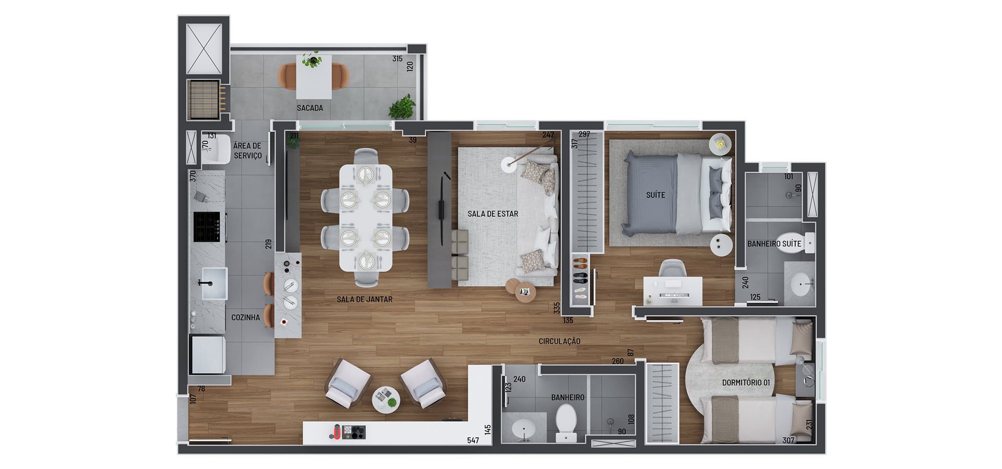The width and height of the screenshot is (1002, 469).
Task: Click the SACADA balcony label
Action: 310,108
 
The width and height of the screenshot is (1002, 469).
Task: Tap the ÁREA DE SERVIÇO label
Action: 247,151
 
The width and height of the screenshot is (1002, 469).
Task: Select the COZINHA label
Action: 245,317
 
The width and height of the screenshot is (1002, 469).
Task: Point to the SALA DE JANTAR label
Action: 364,299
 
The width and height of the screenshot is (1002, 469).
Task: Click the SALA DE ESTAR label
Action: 493,214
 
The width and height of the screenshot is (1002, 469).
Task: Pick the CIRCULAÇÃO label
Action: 559,341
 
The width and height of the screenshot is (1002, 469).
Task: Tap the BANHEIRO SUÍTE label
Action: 774,243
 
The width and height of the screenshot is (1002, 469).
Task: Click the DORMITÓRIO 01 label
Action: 746,382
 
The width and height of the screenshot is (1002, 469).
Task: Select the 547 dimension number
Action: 473,440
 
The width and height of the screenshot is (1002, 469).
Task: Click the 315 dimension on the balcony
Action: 398,59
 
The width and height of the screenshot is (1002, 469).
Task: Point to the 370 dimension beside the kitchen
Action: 193,176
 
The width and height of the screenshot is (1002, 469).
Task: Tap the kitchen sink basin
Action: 214,283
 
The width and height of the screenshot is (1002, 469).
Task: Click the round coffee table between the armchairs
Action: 386,400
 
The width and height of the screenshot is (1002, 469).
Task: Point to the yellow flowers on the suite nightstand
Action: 721,142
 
